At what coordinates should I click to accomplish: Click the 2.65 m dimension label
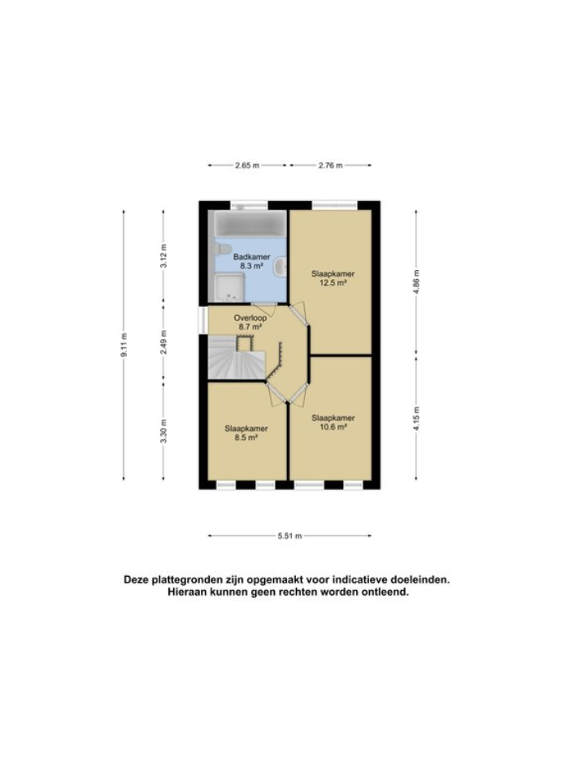(x=246, y=165)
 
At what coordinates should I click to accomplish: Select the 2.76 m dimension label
(x=330, y=165)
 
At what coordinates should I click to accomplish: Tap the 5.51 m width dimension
(x=290, y=535)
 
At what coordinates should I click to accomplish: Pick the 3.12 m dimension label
(x=163, y=257)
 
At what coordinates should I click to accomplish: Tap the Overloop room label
(x=250, y=317)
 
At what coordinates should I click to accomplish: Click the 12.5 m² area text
(x=333, y=283)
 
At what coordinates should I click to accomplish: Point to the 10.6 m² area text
(x=333, y=426)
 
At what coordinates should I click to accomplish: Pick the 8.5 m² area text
(x=246, y=437)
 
